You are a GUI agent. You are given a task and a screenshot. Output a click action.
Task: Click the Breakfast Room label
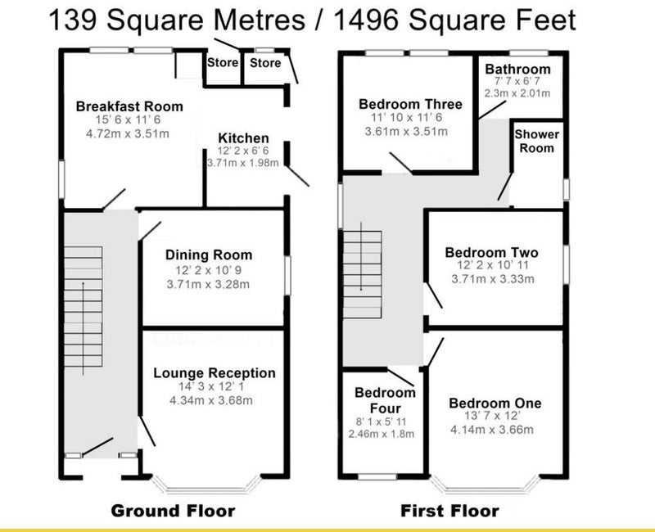pos(129,106)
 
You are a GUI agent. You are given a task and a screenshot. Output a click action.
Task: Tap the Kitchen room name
pos(243,138)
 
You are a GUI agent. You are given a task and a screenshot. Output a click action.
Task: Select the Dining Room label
pos(209,255)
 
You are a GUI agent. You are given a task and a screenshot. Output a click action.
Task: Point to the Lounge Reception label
pos(215,373)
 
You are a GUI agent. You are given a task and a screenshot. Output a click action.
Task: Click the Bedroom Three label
pos(411,104)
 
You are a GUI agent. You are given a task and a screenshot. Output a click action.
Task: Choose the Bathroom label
pos(518,69)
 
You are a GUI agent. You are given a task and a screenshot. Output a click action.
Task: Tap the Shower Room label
pos(537,141)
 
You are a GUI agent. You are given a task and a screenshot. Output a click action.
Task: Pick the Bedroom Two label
pos(492,252)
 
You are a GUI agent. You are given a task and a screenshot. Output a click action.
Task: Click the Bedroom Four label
pos(385,400)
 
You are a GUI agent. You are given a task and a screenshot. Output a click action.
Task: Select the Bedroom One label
pos(495,403)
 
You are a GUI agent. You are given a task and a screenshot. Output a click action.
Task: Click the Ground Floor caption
pos(173,511)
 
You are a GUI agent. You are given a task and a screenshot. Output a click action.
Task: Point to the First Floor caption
pos(449,511)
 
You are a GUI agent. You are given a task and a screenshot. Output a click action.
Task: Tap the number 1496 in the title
pos(367,20)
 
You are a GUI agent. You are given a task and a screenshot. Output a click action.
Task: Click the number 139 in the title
pos(74,20)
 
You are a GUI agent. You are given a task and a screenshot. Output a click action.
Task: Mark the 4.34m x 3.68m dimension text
pos(211,400)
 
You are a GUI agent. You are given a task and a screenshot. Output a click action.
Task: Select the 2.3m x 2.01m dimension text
pos(517,93)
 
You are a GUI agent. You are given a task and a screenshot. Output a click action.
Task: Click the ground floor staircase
pos(84,307)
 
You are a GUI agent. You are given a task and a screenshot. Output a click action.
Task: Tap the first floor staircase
pos(362,274)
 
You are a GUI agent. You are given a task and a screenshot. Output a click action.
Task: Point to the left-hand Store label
pos(223,63)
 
